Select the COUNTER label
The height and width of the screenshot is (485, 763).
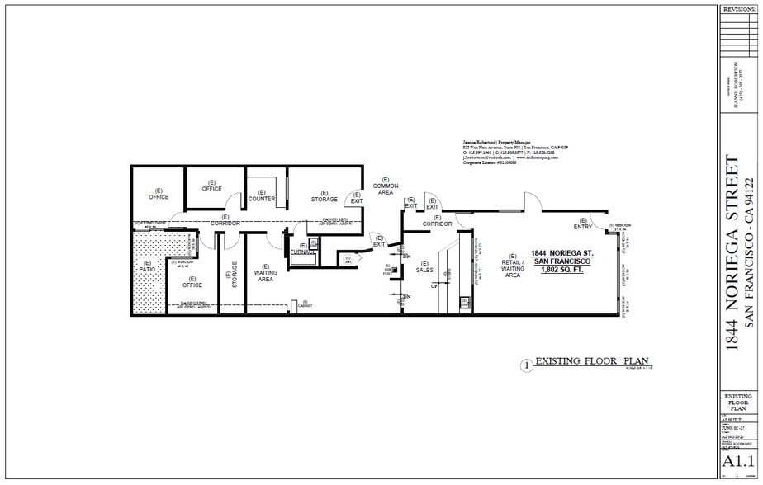click(262, 199)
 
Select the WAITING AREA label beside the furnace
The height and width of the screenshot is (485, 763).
click(265, 272)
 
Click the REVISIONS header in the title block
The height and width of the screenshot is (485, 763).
click(738, 9)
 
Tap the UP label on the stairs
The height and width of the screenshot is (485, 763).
click(434, 285)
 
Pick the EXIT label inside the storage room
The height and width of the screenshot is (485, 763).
click(357, 198)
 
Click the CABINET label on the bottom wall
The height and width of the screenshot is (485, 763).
click(305, 303)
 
